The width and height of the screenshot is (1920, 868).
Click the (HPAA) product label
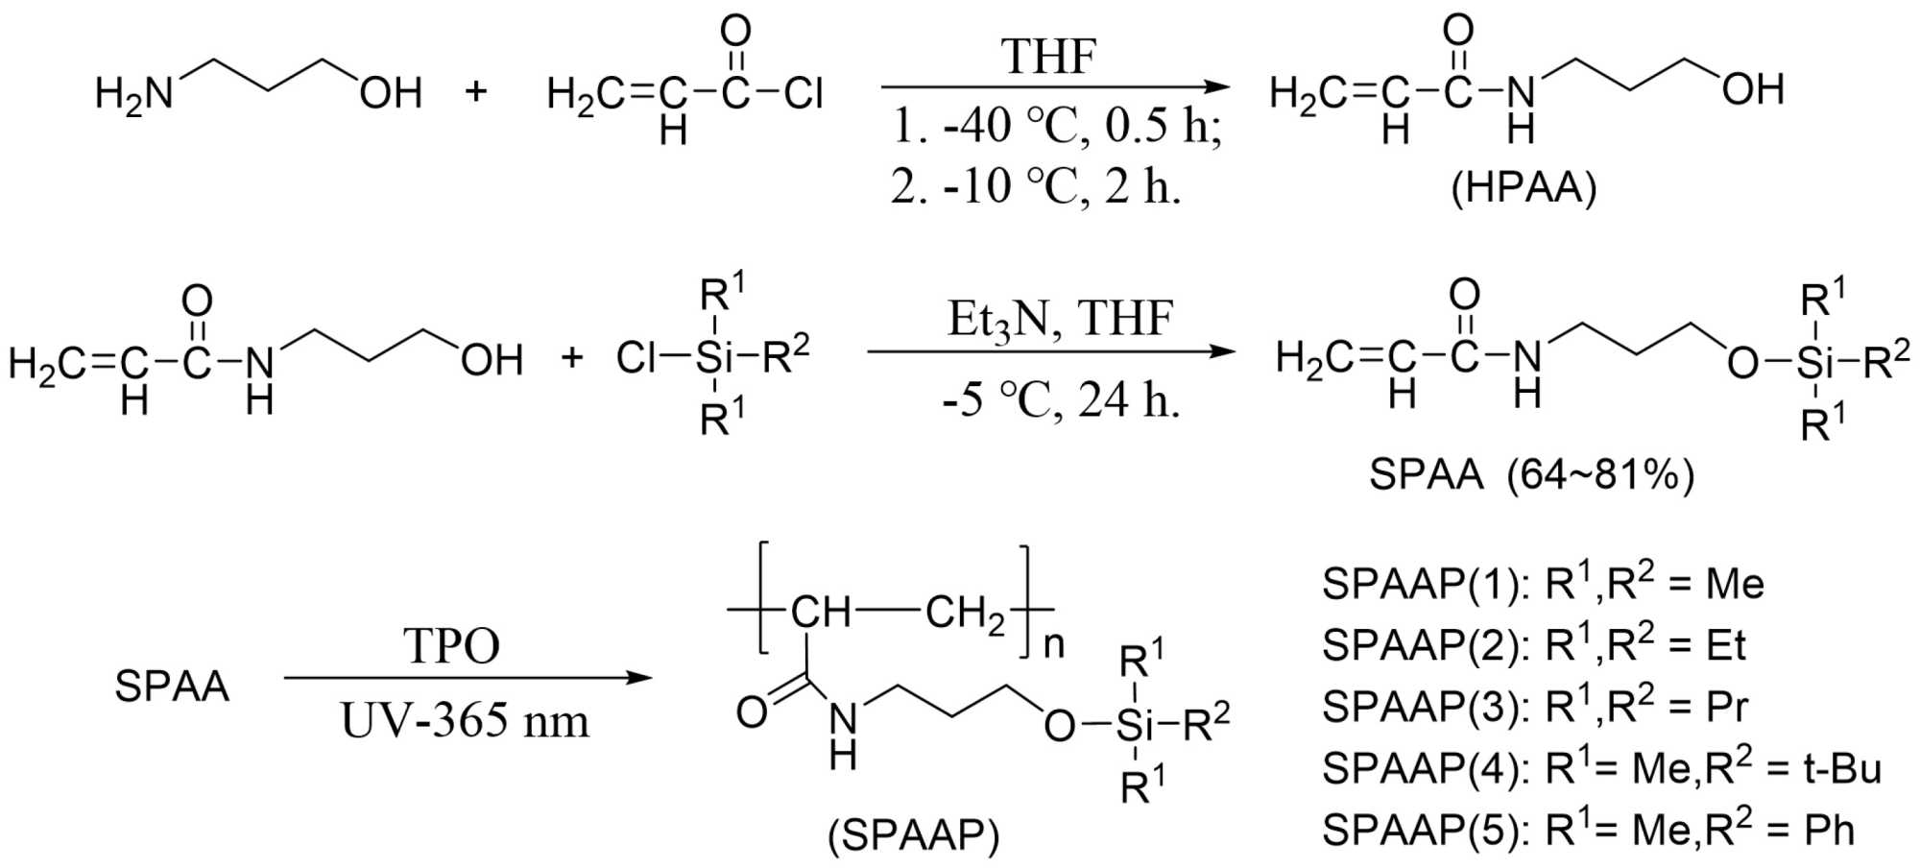1524,188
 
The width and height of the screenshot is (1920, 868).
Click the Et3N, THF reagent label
1060,318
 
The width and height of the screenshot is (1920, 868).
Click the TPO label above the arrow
451,645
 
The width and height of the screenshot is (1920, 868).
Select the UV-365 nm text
465,720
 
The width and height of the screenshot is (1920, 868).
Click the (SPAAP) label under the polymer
914,836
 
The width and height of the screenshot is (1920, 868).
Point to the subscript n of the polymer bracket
1053,644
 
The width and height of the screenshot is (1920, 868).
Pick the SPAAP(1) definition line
1543,583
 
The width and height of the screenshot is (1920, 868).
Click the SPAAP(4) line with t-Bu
1601,767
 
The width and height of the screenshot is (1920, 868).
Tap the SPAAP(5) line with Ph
1588,829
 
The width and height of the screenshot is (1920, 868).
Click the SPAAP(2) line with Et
1533,644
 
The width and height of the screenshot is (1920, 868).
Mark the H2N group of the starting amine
133,94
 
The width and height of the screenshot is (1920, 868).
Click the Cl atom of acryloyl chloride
803,93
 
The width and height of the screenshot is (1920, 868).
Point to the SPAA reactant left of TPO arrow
172,686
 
